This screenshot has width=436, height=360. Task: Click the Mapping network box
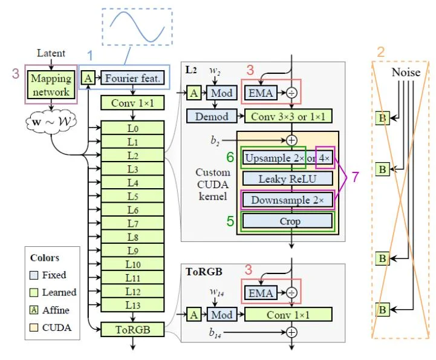[x=51, y=85]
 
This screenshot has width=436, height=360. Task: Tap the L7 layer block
[x=133, y=224]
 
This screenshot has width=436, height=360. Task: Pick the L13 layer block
[x=133, y=304]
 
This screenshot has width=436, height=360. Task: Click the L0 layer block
[x=133, y=129]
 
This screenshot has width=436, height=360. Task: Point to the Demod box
[x=212, y=116]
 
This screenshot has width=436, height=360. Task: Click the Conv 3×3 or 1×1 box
[x=288, y=116]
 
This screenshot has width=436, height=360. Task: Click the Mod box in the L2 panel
[x=221, y=93]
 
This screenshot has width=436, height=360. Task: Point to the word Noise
[x=405, y=72]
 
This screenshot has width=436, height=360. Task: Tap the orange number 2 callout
[x=380, y=53]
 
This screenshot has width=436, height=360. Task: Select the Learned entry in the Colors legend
[x=59, y=292]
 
